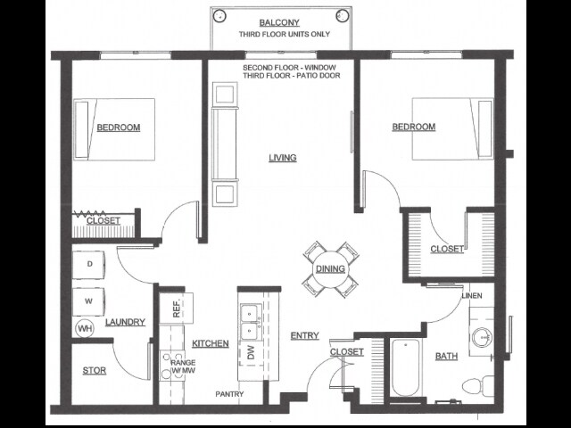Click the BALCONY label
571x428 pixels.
pos(279,22)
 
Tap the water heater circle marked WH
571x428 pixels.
pos(85,329)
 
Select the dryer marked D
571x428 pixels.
pos(88,265)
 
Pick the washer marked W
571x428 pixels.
pos(88,301)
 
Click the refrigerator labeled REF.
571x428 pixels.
pos(177,308)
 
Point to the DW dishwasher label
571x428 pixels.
pos(251,352)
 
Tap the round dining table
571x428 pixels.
pos(330,269)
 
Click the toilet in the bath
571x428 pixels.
pos(478,386)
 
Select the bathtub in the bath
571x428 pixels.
pos(405,368)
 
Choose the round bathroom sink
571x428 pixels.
pos(483,337)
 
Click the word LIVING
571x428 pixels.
pos(283,158)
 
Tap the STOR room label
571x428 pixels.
pos(95,371)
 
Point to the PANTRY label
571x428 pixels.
pos(229,394)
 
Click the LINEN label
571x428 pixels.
pos(472,295)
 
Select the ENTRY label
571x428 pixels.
pos(305,335)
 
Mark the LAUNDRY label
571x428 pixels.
pos(125,322)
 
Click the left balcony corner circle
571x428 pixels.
pos(219,16)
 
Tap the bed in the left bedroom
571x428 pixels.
pos(114,129)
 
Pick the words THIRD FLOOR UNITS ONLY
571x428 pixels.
pos(285,34)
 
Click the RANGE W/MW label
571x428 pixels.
pos(184,366)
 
